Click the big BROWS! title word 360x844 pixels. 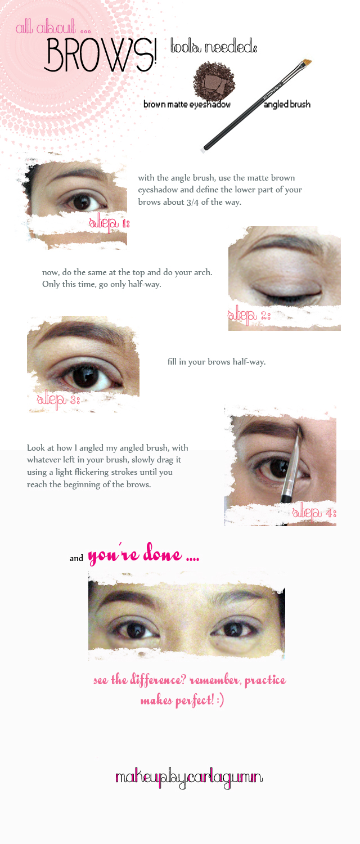pos(101,55)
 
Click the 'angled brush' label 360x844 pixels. pos(287,104)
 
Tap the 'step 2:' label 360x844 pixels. pos(249,315)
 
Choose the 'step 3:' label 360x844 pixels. pos(58,399)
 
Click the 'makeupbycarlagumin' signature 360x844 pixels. pos(188,778)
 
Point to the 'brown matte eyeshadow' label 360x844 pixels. pos(187,104)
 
